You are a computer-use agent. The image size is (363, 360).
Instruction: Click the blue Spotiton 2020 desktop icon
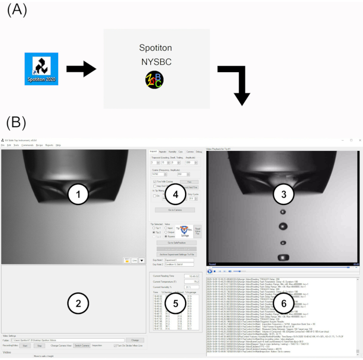coord(41,69)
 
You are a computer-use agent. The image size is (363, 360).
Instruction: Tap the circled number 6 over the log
coord(281,303)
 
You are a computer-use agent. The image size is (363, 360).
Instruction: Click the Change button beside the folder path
coord(134,340)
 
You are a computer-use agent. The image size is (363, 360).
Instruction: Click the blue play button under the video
coord(210,271)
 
